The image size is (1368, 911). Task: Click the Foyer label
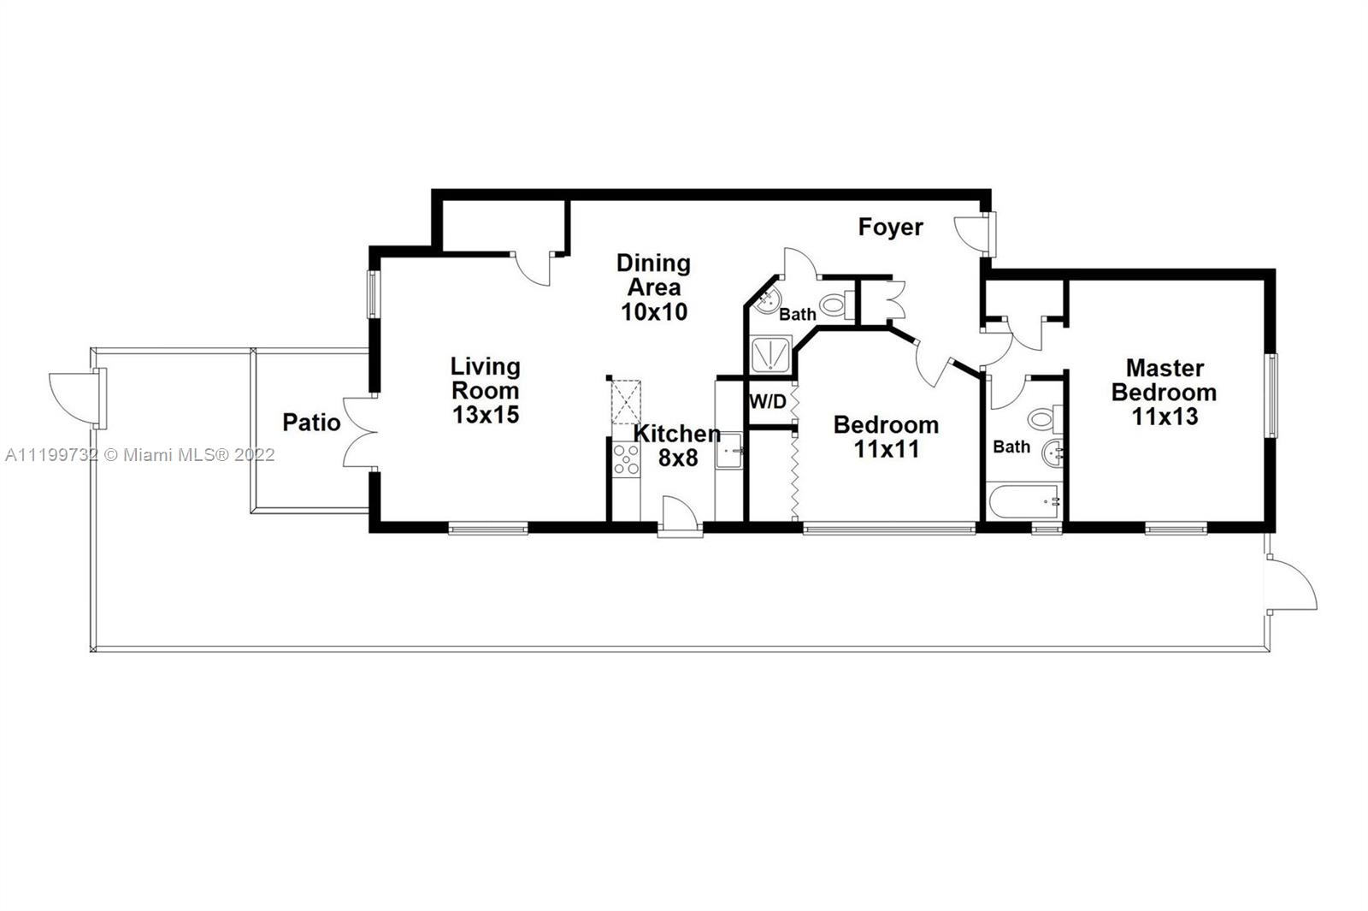point(890,228)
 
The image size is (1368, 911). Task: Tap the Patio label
point(311,423)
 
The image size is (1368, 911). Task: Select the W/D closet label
point(768,401)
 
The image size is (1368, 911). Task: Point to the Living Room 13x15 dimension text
point(486,415)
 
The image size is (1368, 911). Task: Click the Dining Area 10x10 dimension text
point(654,312)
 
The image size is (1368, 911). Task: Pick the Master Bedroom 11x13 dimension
point(1165,417)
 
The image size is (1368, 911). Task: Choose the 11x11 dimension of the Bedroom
point(886,450)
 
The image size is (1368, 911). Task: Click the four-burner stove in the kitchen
point(626,459)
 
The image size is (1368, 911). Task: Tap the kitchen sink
point(728,450)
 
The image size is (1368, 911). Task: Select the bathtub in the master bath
point(1023,502)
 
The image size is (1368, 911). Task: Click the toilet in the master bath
point(1046,419)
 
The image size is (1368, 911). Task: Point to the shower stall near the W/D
point(770,354)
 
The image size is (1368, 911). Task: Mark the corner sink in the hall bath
point(766,300)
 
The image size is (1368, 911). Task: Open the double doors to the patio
point(361,433)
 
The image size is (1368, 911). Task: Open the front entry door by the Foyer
point(976,234)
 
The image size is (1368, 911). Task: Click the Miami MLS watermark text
point(140,455)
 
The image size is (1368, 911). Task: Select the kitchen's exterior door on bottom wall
point(681,517)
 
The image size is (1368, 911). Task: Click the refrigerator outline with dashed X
point(626,402)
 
